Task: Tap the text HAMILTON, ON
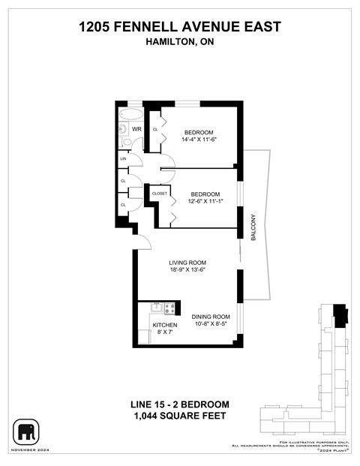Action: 180,43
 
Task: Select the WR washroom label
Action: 136,130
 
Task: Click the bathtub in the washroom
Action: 130,115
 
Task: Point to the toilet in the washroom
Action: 124,129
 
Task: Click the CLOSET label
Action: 160,194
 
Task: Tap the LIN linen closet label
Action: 122,159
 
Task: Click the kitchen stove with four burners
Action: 169,307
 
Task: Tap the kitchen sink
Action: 157,307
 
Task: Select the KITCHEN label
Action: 165,325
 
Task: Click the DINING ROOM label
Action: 210,317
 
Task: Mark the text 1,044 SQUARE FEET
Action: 180,416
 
